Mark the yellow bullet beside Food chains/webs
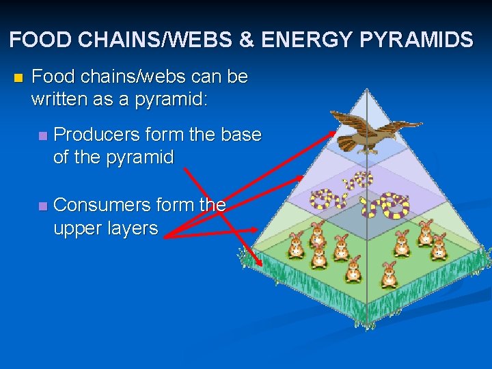(x=18, y=77)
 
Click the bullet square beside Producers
(x=43, y=136)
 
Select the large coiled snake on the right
(x=394, y=204)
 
